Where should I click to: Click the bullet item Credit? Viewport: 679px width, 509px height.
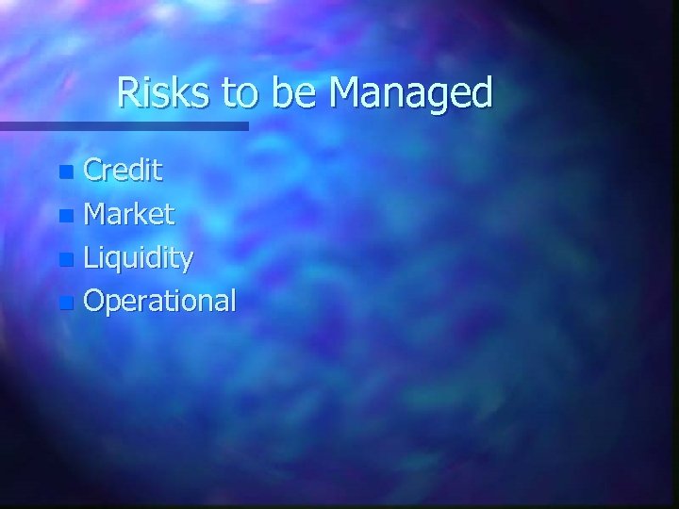[124, 171]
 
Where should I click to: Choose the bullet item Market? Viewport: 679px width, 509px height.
[129, 215]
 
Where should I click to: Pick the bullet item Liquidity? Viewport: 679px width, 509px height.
[139, 259]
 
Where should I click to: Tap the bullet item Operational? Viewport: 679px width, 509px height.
[160, 302]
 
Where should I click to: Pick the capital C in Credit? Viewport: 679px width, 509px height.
[95, 171]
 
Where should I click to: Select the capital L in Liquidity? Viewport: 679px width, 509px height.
[91, 257]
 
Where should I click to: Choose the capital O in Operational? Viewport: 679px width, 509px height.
[97, 301]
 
